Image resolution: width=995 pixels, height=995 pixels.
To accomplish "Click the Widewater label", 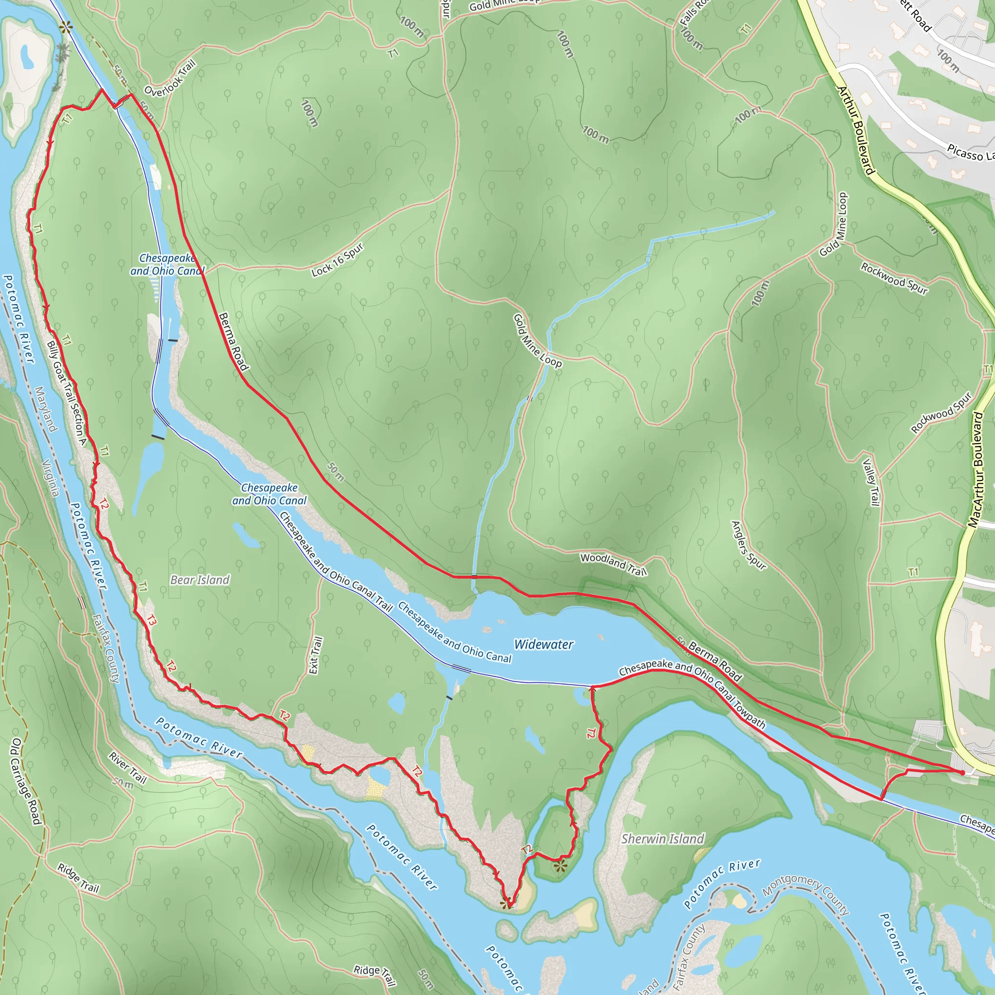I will tap(543, 644).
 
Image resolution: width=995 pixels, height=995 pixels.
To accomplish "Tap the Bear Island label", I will tap(200, 580).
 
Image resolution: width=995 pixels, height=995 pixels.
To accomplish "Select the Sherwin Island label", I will tap(662, 839).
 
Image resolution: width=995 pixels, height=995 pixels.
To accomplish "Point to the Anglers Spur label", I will tap(748, 546).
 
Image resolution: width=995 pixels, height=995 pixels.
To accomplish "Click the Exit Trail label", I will tap(316, 655).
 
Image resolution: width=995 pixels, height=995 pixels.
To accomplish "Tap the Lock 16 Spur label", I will tap(338, 260).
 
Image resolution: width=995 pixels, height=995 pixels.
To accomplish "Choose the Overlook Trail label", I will tap(170, 79).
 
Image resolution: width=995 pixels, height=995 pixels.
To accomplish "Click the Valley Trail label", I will tap(870, 482).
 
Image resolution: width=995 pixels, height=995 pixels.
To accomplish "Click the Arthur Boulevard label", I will tap(857, 131).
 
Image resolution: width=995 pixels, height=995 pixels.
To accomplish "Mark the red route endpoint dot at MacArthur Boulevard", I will tap(962, 772).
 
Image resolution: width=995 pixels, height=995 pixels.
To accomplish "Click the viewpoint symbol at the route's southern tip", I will tap(507, 903).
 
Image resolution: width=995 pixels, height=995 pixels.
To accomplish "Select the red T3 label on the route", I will tap(151, 621).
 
